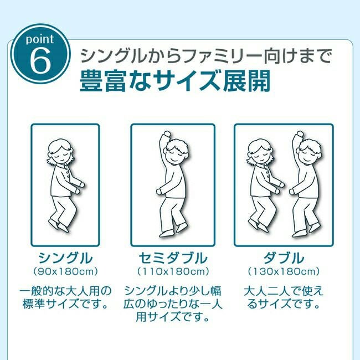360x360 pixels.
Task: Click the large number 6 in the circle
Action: [40, 61]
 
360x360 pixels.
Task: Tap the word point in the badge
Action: [40, 39]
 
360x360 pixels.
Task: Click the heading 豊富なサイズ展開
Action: [174, 81]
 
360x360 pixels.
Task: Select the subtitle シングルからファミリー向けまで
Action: [206, 56]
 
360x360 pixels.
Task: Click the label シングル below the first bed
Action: [65, 258]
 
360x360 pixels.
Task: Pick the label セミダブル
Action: [173, 258]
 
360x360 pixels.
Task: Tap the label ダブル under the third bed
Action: [284, 258]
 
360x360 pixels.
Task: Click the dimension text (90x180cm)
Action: [65, 271]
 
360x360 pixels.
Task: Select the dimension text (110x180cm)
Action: [173, 271]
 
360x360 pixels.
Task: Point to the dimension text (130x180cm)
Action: [284, 271]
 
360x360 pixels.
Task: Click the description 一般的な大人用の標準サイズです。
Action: [65, 297]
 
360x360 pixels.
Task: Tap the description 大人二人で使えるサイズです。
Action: [284, 297]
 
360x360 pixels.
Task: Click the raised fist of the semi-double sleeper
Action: [166, 134]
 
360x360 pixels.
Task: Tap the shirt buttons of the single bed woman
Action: [67, 173]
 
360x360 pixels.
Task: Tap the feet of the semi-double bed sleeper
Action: [173, 230]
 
